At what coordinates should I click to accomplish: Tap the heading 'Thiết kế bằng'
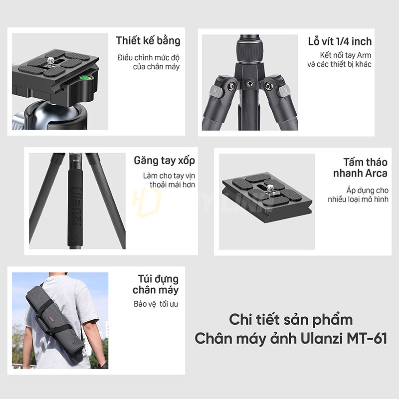148,41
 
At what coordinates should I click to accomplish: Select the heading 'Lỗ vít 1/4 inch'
340,41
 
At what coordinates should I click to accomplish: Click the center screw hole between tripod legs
250,83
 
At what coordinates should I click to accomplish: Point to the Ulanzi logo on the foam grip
76,206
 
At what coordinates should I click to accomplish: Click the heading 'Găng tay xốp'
165,161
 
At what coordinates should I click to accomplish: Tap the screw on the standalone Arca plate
270,189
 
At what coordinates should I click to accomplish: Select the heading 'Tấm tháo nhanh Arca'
360,168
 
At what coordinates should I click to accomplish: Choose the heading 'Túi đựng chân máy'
156,284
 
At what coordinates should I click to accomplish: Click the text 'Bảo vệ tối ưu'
156,304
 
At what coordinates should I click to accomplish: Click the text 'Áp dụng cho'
367,191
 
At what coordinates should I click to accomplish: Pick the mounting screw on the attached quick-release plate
51,61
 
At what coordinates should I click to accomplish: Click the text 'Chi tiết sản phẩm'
291,320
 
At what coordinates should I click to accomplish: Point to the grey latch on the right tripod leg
284,91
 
